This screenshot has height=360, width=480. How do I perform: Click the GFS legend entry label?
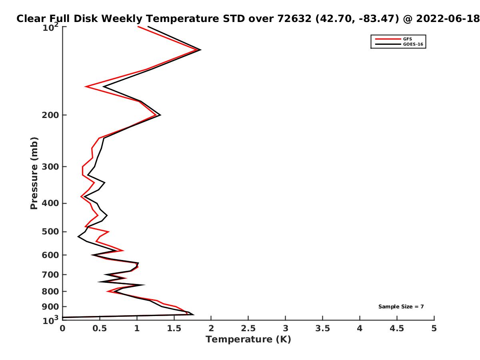pyautogui.click(x=407, y=39)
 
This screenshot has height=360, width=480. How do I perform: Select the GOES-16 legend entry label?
pyautogui.click(x=413, y=44)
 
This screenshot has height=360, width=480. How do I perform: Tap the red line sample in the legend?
pyautogui.click(x=388, y=39)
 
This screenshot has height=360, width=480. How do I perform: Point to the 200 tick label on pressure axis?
pyautogui.click(x=50, y=115)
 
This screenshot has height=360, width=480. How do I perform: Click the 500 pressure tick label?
pyautogui.click(x=50, y=232)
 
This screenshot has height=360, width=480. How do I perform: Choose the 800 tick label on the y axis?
pyautogui.click(x=50, y=291)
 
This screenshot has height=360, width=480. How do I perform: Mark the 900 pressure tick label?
pyautogui.click(x=50, y=307)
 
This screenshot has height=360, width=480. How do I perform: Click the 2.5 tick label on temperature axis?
pyautogui.click(x=248, y=328)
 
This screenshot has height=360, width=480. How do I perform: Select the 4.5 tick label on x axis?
pyautogui.click(x=397, y=328)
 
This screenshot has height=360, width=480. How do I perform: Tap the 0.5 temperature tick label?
pyautogui.click(x=100, y=328)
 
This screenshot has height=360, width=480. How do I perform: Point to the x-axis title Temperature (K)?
pyautogui.click(x=248, y=340)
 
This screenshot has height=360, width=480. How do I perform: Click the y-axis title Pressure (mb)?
pyautogui.click(x=34, y=173)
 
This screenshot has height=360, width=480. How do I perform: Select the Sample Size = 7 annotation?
pyautogui.click(x=401, y=307)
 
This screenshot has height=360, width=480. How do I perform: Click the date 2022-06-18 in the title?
pyautogui.click(x=448, y=19)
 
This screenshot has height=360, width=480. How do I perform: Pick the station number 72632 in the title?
pyautogui.click(x=294, y=19)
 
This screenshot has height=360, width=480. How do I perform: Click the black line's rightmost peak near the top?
pyautogui.click(x=200, y=50)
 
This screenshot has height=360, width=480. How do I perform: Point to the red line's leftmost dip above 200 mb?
pyautogui.click(x=86, y=86)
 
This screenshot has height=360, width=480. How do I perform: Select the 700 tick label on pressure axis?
pyautogui.click(x=50, y=274)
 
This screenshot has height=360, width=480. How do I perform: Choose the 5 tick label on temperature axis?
pyautogui.click(x=434, y=328)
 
